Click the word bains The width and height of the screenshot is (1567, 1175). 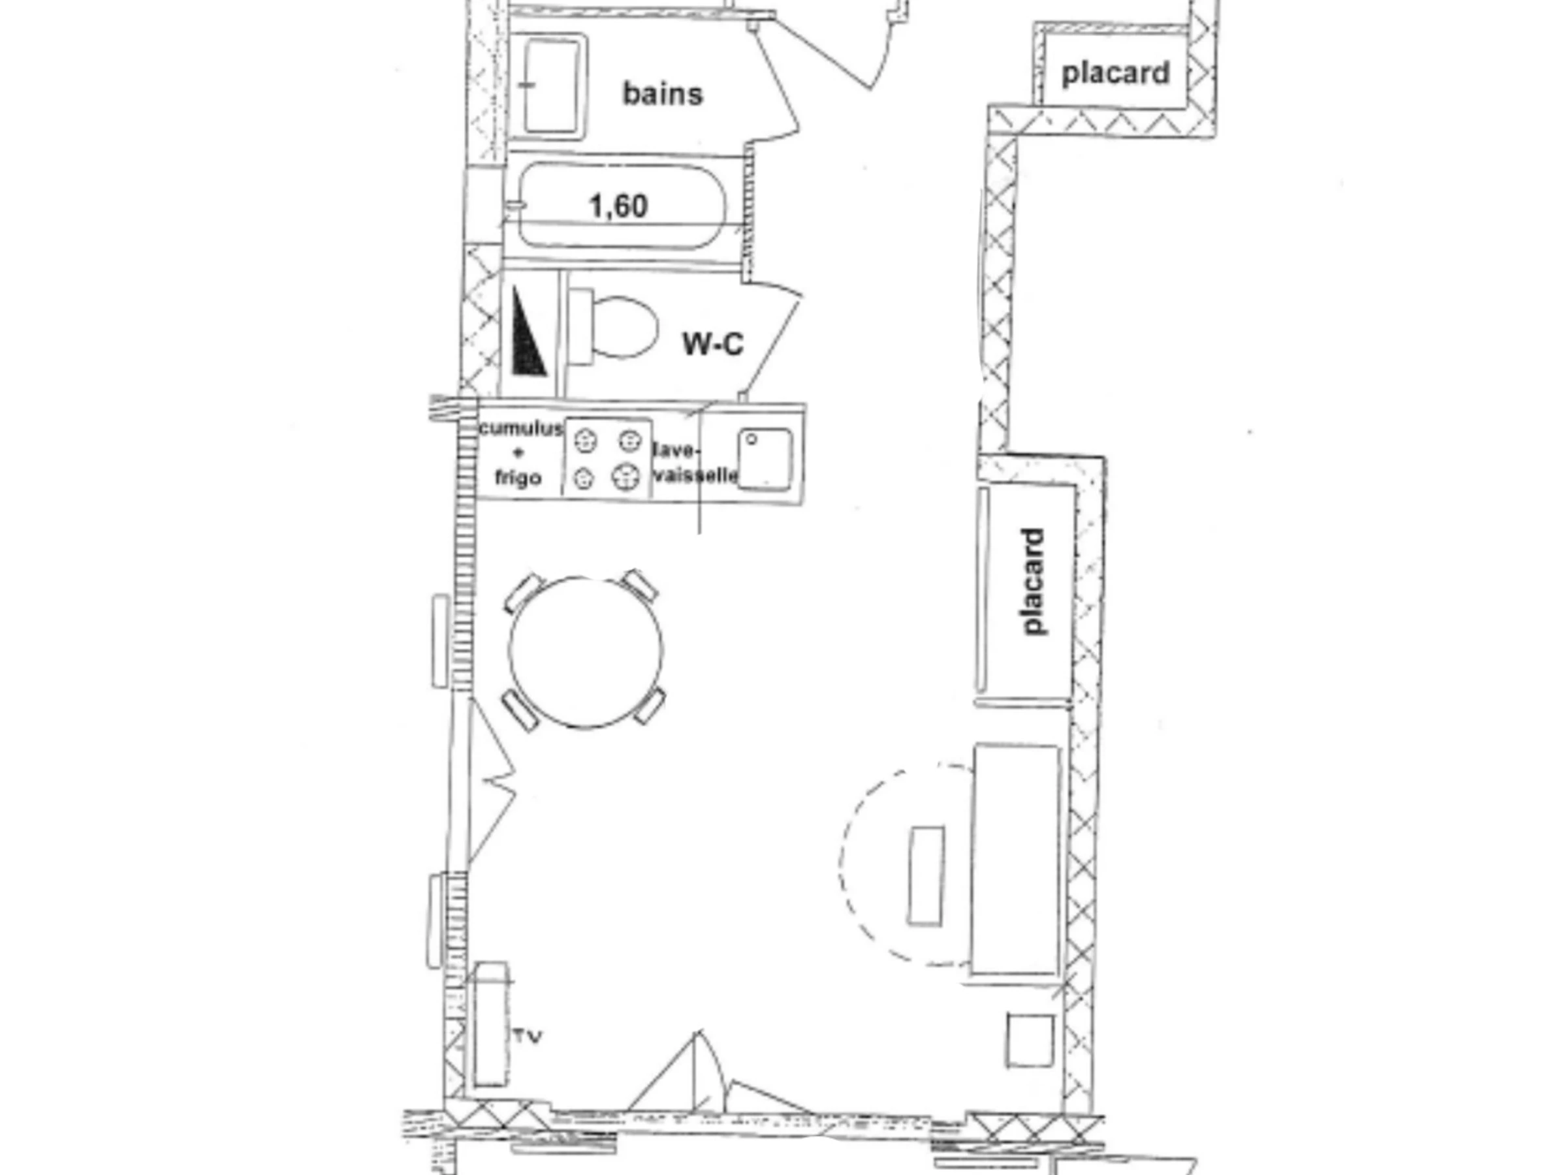662,93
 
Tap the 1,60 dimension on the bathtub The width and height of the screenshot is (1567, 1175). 618,206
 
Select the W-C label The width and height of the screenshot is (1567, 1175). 713,344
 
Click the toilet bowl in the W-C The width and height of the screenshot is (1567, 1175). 614,326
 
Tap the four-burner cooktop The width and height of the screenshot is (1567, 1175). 607,458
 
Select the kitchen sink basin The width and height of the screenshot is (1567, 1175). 765,458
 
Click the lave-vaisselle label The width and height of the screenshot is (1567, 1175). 695,463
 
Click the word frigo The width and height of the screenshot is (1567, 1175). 518,478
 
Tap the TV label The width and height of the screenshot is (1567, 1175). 528,1037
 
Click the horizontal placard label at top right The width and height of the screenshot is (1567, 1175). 1116,74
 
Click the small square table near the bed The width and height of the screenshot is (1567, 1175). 1029,1041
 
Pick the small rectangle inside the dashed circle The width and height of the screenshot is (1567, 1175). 926,875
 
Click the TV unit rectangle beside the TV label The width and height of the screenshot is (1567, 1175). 491,1024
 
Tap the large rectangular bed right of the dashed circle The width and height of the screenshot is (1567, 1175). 1015,860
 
